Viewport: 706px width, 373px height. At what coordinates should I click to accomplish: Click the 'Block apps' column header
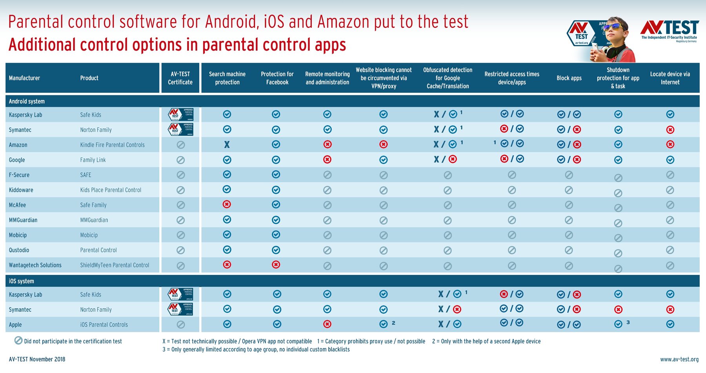[x=569, y=78]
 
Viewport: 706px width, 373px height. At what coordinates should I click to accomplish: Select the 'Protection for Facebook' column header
[x=277, y=78]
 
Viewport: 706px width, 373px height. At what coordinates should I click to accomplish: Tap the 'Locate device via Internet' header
[x=670, y=78]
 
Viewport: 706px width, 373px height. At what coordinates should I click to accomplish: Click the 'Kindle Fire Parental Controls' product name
[x=112, y=145]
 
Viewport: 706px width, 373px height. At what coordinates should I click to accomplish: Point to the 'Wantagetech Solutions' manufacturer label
[x=35, y=265]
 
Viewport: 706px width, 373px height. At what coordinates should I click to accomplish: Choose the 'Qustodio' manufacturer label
[x=19, y=250]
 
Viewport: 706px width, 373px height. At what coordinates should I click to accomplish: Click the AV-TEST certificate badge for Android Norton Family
[x=180, y=129]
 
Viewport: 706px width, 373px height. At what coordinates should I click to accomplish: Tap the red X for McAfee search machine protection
[x=227, y=204]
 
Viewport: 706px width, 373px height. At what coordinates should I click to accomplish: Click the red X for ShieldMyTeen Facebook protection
[x=276, y=265]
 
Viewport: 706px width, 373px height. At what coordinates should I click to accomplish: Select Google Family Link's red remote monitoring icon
[x=327, y=160]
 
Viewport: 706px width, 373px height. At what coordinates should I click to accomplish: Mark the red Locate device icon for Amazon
[x=670, y=144]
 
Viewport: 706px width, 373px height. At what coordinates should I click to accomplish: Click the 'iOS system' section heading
[x=22, y=281]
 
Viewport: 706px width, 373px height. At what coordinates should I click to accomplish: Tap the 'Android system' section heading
[x=27, y=101]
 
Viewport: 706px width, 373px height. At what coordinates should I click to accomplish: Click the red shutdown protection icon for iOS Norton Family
[x=618, y=309]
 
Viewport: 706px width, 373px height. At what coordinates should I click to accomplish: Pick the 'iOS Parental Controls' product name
[x=104, y=325]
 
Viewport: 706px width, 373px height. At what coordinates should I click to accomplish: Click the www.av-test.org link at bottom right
[x=679, y=359]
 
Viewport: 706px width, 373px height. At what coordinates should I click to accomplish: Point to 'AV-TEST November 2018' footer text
[x=37, y=359]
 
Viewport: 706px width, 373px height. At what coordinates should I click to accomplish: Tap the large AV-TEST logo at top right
[x=670, y=29]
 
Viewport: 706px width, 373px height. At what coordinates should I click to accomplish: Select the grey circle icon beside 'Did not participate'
[x=18, y=340]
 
